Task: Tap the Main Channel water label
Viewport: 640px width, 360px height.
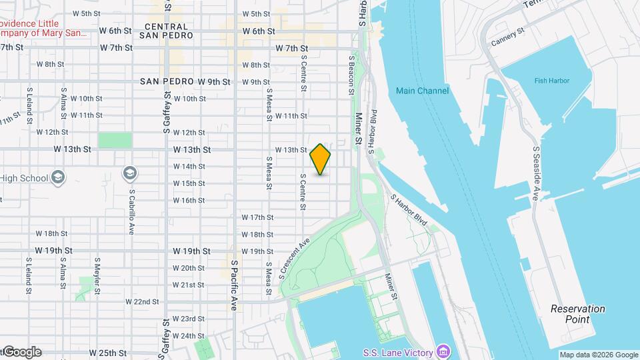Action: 422,91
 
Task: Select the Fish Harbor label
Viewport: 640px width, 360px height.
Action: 551,81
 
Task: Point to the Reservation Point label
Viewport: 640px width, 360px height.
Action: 577,314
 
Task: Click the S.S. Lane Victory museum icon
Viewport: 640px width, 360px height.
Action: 443,351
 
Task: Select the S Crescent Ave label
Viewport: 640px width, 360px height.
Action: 293,257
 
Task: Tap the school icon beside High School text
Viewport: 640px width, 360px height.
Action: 58,177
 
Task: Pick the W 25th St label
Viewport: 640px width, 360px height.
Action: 108,353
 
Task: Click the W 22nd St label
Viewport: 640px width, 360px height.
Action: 142,301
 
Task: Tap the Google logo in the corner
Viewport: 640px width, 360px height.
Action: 21,352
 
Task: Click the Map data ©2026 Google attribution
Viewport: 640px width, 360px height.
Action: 598,355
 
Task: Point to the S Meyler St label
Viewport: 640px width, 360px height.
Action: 97,275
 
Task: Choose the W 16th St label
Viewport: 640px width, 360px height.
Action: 189,200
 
